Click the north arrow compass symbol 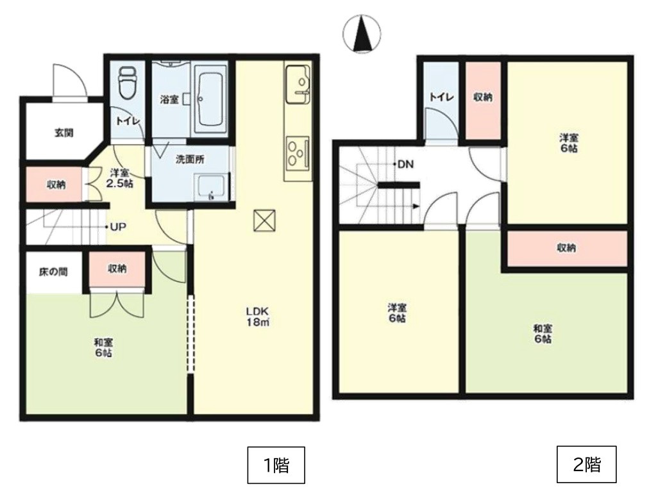362,33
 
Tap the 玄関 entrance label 64,133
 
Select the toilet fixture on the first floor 127,83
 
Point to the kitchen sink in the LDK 298,85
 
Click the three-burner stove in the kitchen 298,153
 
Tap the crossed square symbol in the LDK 264,220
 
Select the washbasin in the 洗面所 212,187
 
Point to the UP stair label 118,227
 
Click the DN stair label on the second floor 405,164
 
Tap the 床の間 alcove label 53,272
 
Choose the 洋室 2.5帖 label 120,178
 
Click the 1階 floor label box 276,465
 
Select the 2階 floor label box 587,464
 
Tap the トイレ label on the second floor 442,97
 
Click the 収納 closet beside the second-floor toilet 483,101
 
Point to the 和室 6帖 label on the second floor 543,334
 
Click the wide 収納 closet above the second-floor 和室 567,248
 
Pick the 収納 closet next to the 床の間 117,269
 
